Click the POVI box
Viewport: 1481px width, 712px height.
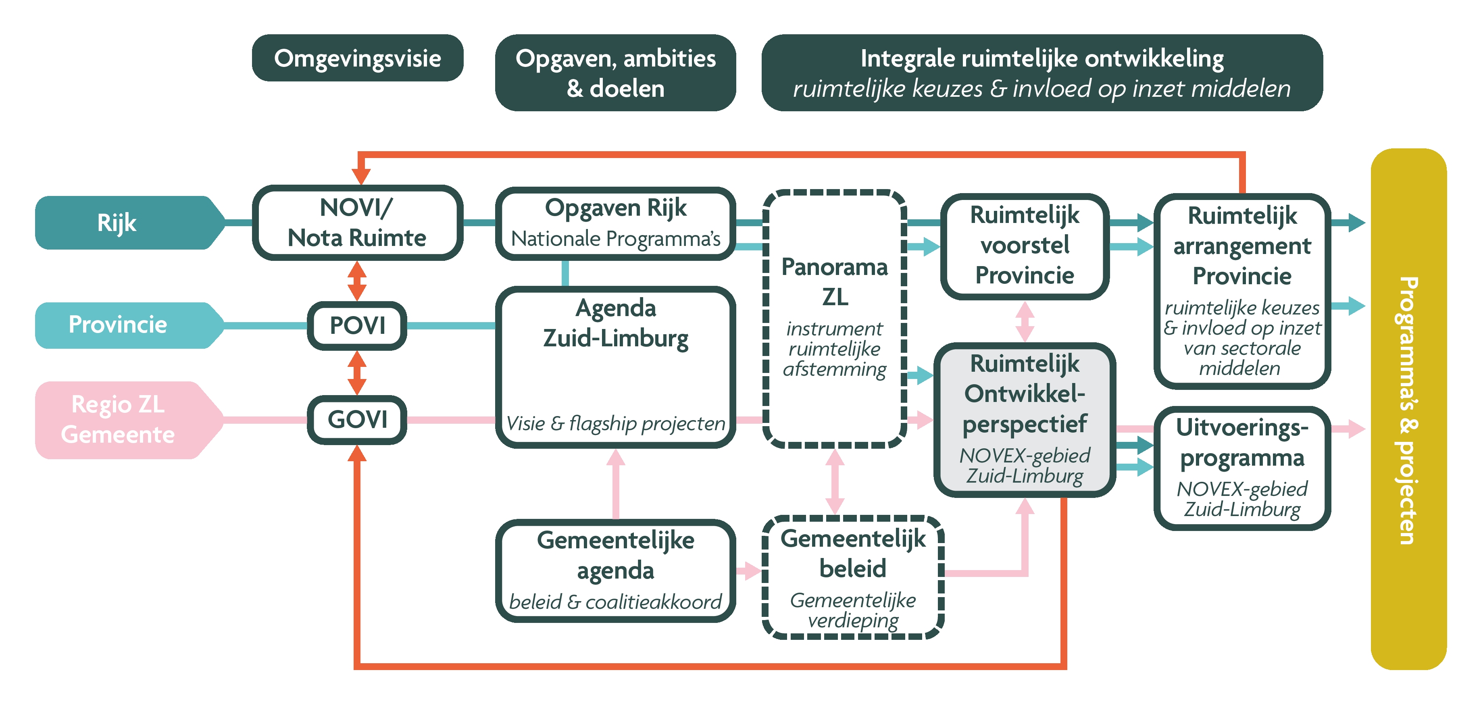click(x=357, y=325)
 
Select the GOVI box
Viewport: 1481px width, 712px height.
click(x=357, y=420)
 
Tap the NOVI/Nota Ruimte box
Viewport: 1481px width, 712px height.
click(x=357, y=223)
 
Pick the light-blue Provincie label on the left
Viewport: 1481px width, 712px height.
click(x=118, y=325)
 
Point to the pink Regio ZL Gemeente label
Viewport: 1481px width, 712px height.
click(x=118, y=420)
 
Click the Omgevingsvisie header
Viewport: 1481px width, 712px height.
click(x=357, y=58)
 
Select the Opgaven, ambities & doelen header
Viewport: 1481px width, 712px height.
click(x=615, y=73)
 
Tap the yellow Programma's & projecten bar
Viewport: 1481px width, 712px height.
click(x=1408, y=409)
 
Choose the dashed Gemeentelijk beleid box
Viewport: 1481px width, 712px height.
click(x=853, y=577)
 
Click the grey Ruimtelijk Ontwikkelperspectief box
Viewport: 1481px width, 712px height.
click(x=1025, y=420)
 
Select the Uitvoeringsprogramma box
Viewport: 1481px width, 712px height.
click(x=1242, y=468)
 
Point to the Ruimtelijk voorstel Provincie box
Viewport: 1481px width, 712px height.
click(x=1025, y=246)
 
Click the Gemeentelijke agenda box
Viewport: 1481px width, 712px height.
click(x=615, y=570)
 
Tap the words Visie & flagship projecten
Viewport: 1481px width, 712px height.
click(x=615, y=423)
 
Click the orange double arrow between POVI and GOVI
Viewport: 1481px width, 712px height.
click(x=357, y=373)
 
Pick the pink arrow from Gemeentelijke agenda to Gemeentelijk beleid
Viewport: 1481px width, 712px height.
click(x=748, y=570)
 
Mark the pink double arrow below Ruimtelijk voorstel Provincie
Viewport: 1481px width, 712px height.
click(x=1025, y=322)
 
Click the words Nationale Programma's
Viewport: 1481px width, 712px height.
click(x=615, y=239)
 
